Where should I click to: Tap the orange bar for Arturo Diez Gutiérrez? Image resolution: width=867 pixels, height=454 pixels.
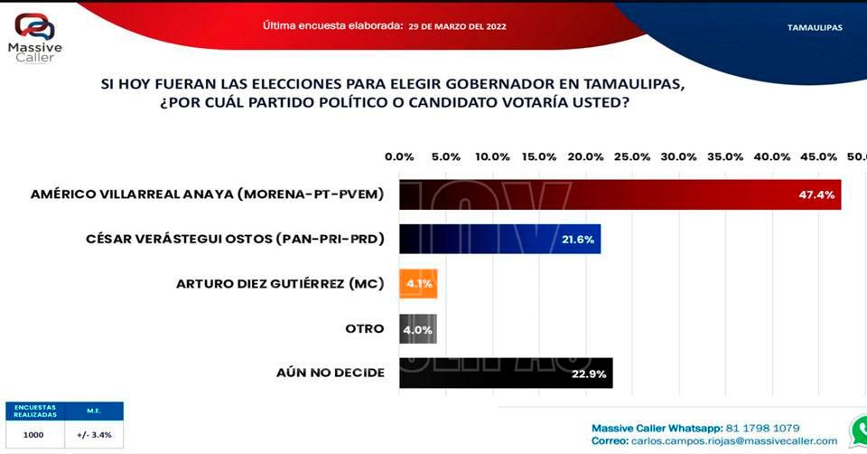pyautogui.click(x=418, y=284)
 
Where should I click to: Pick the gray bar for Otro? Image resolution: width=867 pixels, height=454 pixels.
pyautogui.click(x=418, y=328)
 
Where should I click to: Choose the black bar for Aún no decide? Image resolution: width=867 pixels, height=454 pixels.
pyautogui.click(x=506, y=373)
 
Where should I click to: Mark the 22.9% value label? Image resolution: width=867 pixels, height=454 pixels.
pyautogui.click(x=590, y=373)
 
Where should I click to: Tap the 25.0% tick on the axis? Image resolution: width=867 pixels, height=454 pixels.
pyautogui.click(x=632, y=156)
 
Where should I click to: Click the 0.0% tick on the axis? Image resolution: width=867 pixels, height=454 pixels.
pyautogui.click(x=399, y=156)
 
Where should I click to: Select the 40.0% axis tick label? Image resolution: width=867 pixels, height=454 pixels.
pyautogui.click(x=772, y=156)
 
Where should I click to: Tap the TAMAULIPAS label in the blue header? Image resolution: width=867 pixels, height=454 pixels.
pyautogui.click(x=815, y=27)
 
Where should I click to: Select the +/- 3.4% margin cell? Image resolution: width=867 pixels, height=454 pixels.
pyautogui.click(x=94, y=435)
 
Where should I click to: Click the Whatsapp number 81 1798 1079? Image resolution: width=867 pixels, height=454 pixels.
pyautogui.click(x=755, y=428)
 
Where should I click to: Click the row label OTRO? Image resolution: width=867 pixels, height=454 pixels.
pyautogui.click(x=367, y=328)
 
